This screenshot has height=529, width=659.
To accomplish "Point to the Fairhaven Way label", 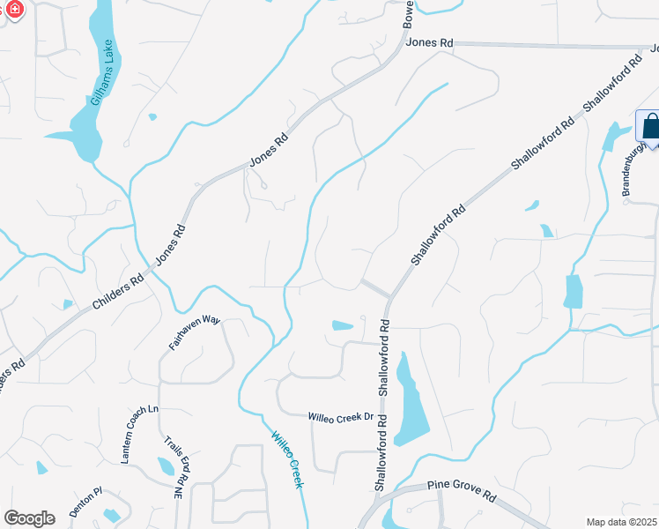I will coord(195,333).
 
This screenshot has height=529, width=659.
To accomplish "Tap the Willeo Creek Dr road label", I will coord(341,416).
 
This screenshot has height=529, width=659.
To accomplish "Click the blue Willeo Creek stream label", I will coord(287,459).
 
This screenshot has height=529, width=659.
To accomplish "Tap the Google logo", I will coord(29,518).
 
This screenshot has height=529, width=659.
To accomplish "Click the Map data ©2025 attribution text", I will coord(622,522).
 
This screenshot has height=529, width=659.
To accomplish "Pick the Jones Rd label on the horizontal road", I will coord(431,42).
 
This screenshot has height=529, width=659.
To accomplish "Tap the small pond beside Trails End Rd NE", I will coord(166,466).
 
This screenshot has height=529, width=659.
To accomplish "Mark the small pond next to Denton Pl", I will coord(111,515).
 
